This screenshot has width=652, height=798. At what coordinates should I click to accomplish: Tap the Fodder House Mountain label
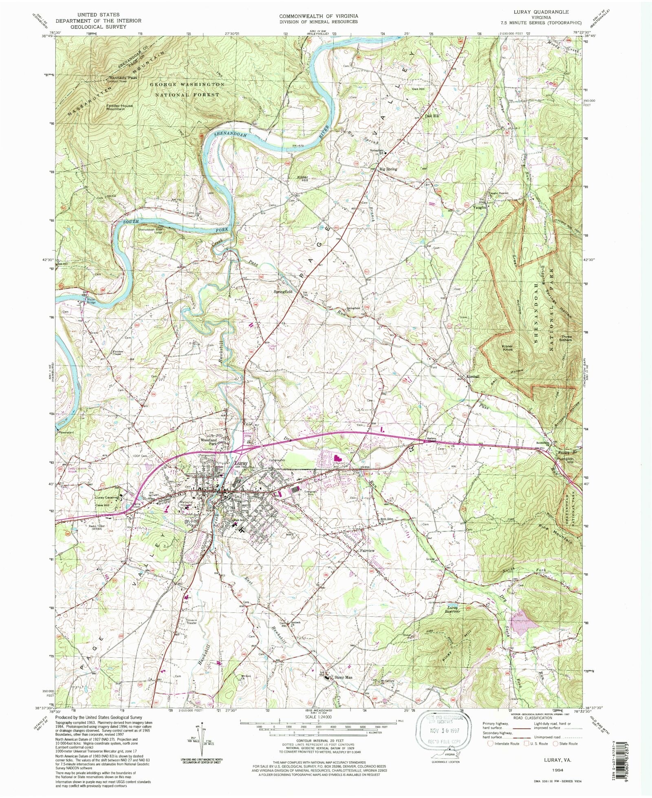click(119, 107)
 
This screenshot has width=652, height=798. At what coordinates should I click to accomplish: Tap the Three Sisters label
click(566, 338)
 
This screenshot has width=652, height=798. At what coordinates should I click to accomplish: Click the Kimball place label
click(473, 376)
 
